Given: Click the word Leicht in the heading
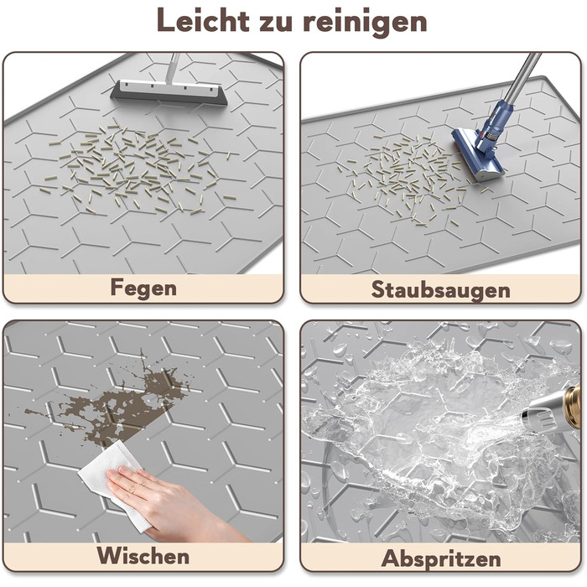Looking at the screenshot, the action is click(203, 20).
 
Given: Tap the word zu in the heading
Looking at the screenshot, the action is click(276, 23).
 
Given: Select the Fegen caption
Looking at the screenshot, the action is click(143, 288).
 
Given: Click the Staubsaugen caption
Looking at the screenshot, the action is click(440, 290).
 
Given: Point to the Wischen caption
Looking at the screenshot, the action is click(143, 555).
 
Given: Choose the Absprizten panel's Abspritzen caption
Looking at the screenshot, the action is click(441, 559).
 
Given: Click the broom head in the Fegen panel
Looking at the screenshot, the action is click(169, 93).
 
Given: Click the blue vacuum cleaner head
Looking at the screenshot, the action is click(476, 155).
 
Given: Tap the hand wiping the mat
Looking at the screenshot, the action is click(169, 501).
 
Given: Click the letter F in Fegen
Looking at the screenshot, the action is click(117, 287).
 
